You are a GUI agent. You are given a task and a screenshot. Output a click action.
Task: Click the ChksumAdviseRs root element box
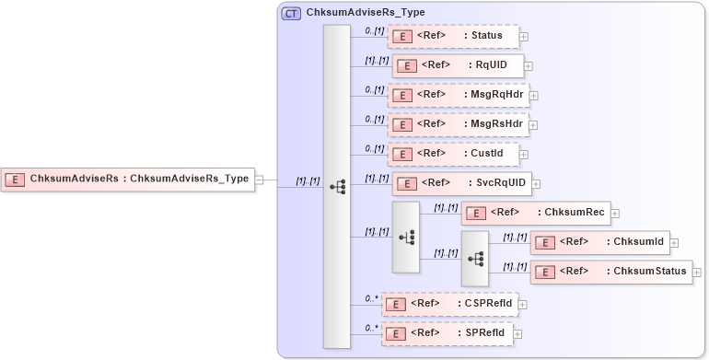(x=128, y=179)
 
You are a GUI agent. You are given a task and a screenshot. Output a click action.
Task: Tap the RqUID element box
(x=458, y=65)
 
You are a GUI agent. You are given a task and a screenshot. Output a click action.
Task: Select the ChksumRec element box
(x=535, y=213)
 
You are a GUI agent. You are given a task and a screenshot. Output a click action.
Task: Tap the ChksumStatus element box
(x=612, y=272)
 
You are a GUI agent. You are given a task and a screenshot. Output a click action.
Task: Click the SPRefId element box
(x=447, y=332)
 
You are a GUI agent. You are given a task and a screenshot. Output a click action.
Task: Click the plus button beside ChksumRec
(x=615, y=214)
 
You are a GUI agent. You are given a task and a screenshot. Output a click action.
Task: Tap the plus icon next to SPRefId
(x=517, y=333)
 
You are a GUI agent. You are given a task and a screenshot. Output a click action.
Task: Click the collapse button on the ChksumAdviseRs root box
(x=260, y=180)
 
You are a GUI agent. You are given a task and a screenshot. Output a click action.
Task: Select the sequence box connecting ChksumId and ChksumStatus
(x=475, y=258)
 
